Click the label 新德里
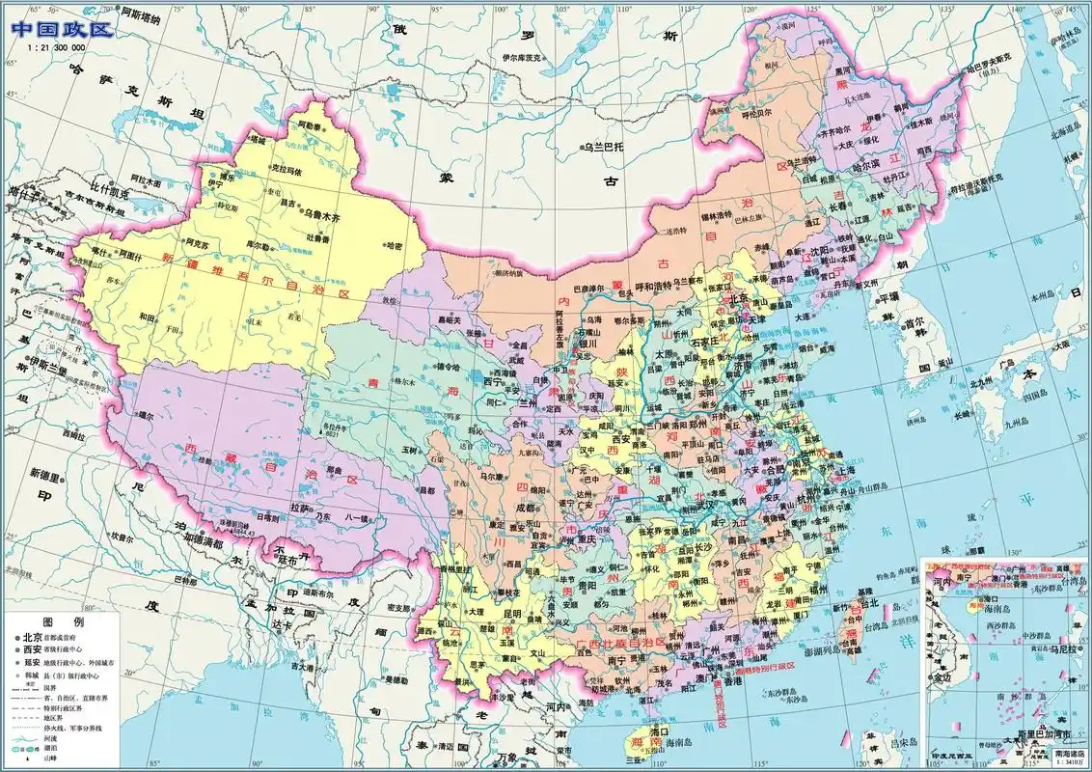pos(46,474)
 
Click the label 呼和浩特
pos(649,287)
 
